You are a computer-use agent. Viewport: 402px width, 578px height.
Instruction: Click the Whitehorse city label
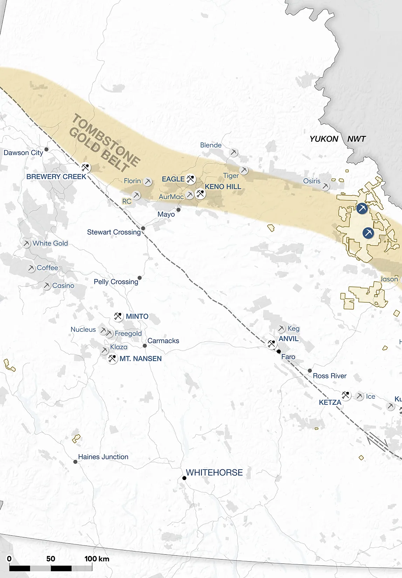click(214, 472)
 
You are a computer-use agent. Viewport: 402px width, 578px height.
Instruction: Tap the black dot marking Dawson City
click(46, 149)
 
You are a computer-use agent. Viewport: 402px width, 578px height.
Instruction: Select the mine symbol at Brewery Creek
click(85, 167)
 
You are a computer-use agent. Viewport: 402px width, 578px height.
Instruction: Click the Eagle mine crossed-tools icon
click(190, 179)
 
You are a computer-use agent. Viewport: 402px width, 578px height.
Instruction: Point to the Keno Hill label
click(223, 187)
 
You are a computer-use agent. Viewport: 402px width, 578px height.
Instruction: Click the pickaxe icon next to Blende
click(234, 153)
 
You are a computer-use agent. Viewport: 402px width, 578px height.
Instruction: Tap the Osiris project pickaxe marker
click(326, 186)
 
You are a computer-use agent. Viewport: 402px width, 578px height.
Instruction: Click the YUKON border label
click(324, 139)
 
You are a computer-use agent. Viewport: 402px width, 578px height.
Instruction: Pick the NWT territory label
click(356, 139)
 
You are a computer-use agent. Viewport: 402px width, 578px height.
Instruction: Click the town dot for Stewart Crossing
click(143, 228)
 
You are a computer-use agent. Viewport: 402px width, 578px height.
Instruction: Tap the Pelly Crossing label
click(116, 282)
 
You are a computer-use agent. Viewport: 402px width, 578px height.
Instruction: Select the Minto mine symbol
click(118, 316)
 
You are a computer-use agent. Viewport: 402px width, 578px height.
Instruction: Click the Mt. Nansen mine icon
click(112, 358)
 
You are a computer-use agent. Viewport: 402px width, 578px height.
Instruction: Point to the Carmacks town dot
click(145, 346)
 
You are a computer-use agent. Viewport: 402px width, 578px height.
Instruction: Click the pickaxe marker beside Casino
click(47, 286)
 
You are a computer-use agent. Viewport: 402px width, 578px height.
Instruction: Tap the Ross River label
click(330, 376)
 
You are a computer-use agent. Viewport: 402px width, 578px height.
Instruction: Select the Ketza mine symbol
click(346, 395)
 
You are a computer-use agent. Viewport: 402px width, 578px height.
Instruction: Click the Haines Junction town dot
click(75, 462)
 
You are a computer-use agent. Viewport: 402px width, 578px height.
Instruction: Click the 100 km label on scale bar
click(97, 559)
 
